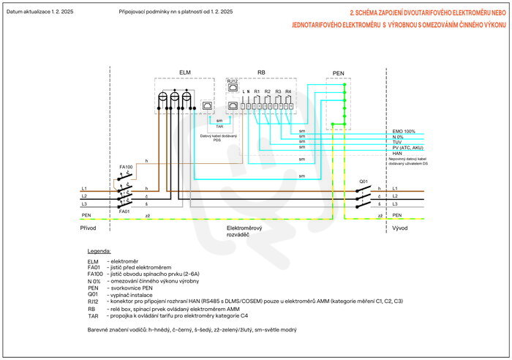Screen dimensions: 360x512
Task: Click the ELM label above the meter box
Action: click(x=185, y=72)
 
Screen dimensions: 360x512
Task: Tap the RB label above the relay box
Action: click(x=261, y=72)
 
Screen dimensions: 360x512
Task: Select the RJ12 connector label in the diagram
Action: click(x=233, y=80)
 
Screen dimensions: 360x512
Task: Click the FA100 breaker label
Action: click(x=126, y=168)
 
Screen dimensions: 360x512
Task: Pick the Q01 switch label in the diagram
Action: click(x=364, y=181)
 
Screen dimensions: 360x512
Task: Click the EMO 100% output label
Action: click(x=404, y=131)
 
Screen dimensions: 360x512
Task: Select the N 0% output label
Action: click(x=399, y=137)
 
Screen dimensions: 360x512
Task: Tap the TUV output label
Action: click(x=398, y=143)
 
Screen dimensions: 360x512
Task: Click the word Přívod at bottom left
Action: click(x=89, y=228)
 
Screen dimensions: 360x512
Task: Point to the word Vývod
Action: click(x=400, y=228)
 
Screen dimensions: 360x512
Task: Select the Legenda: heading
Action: click(x=99, y=251)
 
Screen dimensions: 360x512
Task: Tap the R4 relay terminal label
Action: click(x=288, y=90)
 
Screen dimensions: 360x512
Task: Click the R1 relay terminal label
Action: click(x=257, y=90)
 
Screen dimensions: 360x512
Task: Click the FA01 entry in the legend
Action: click(x=93, y=268)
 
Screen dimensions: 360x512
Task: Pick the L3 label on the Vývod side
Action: click(x=396, y=203)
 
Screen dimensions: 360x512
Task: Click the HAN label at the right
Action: click(x=398, y=154)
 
